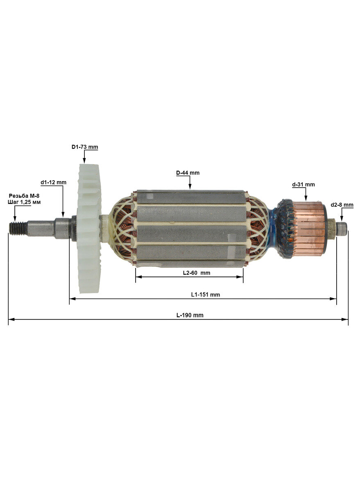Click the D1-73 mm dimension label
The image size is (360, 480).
[85, 147]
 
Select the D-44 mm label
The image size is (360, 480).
[188, 173]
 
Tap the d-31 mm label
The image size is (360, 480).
[303, 184]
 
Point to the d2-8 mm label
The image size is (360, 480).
[342, 205]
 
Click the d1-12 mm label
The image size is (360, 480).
[54, 182]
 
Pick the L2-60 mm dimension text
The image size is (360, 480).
[197, 273]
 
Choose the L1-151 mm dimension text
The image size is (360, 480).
[206, 294]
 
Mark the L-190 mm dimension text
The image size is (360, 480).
[190, 315]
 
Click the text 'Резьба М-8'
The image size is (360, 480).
[24, 196]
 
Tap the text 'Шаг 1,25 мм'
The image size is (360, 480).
[24, 202]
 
